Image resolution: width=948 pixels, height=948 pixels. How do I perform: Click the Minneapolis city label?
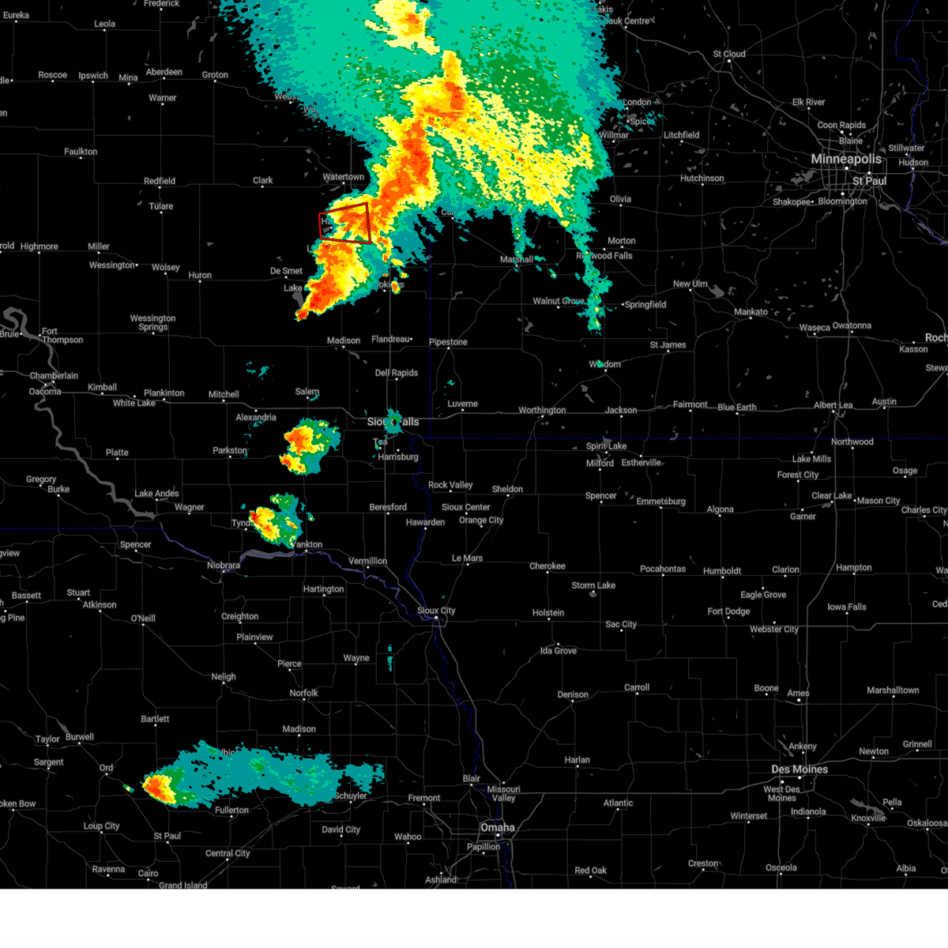(846, 160)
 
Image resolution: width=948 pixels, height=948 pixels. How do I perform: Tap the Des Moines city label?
(799, 769)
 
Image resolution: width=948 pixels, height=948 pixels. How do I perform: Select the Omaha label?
(497, 828)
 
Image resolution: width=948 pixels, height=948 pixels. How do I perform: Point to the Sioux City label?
(436, 611)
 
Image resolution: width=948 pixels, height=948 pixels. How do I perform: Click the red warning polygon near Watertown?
(344, 222)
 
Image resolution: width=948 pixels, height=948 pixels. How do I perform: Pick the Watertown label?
(344, 177)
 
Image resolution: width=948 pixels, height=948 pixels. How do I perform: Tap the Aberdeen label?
(164, 72)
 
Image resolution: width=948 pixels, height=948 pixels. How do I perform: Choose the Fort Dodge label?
(728, 611)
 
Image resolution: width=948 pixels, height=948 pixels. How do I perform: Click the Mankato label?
(750, 312)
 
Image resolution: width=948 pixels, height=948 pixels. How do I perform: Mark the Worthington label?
(542, 410)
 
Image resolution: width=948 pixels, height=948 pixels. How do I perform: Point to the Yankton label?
(307, 544)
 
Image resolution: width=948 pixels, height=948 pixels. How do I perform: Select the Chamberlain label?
(54, 376)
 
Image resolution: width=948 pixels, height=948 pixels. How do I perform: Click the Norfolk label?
(303, 693)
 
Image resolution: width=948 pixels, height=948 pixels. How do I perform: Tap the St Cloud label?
(729, 55)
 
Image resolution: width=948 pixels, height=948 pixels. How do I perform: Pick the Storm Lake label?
(593, 585)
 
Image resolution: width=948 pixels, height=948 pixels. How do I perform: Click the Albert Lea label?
(833, 405)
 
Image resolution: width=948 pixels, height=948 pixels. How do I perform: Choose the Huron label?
(200, 276)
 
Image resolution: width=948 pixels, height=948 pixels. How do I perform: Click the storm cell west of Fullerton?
(159, 787)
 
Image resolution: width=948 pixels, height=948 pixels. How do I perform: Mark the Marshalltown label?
(893, 690)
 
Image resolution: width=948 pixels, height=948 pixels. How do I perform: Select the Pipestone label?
(448, 342)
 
